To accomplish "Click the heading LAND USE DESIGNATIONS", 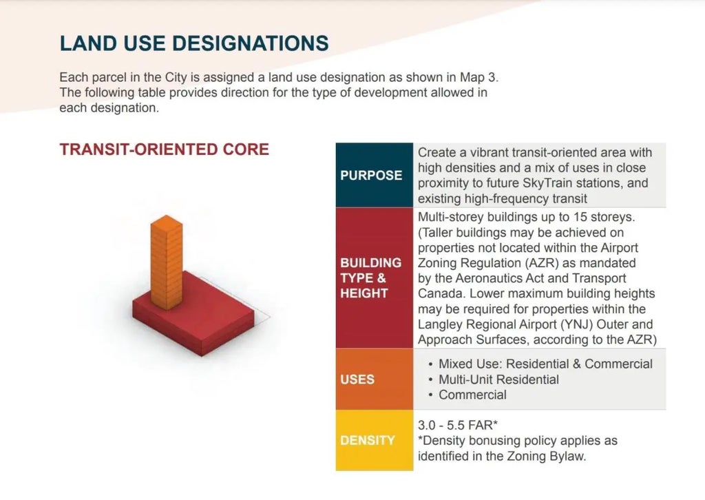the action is pyautogui.click(x=193, y=43).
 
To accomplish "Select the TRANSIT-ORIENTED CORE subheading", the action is pyautogui.click(x=164, y=149).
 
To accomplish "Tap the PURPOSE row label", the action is pyautogui.click(x=371, y=175).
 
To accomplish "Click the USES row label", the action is pyautogui.click(x=357, y=379).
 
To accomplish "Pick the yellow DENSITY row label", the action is pyautogui.click(x=368, y=440).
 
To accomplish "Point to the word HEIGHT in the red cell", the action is pyautogui.click(x=364, y=293).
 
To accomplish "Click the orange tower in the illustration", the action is pyautogui.click(x=167, y=262).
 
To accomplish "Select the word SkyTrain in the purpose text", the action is pyautogui.click(x=547, y=183).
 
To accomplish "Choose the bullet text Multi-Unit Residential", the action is pyautogui.click(x=498, y=379).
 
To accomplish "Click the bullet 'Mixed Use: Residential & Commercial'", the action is pyautogui.click(x=545, y=364).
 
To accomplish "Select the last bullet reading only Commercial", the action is pyautogui.click(x=472, y=395).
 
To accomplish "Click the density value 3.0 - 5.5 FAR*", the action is pyautogui.click(x=458, y=425).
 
